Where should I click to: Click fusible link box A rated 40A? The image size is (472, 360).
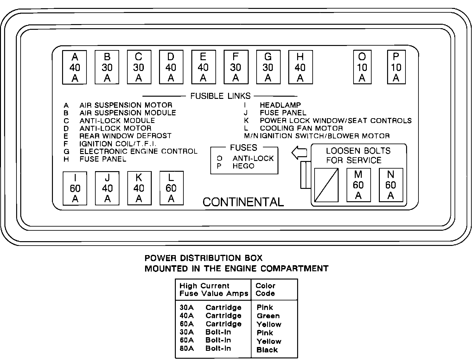tap(75, 67)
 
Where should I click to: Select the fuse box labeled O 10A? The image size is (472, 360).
tap(362, 67)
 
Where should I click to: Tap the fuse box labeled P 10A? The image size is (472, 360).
tap(396, 67)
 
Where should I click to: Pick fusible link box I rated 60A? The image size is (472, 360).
tap(75, 189)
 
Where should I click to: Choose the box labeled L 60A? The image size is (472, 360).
tap(171, 188)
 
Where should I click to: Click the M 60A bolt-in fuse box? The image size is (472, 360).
tap(358, 185)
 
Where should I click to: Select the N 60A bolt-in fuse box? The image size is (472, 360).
tap(391, 185)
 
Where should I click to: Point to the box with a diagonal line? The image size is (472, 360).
tap(326, 185)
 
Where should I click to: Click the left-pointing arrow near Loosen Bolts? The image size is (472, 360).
tap(299, 153)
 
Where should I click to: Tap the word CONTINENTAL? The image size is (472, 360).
tap(243, 202)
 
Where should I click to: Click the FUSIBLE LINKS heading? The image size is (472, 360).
tap(220, 96)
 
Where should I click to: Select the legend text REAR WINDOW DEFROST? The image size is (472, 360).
tap(125, 136)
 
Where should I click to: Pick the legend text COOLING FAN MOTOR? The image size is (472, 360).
tap(301, 128)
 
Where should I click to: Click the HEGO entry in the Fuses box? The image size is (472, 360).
tap(243, 166)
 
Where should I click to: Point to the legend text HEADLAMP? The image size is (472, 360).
tap(280, 105)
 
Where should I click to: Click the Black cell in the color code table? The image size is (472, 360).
tap(267, 350)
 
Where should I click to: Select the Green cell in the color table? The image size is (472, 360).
tap(268, 316)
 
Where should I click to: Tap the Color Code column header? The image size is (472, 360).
tap(265, 290)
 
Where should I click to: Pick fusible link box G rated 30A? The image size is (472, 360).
tap(268, 67)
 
